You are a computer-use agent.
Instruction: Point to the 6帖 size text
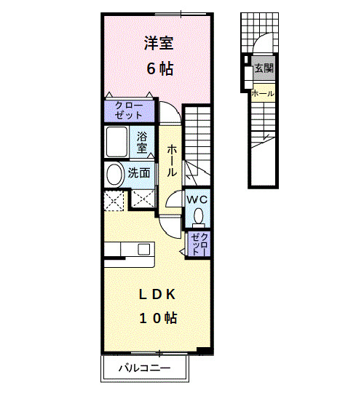point(159,69)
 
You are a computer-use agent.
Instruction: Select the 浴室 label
point(143,141)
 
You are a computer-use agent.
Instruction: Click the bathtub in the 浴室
point(117,142)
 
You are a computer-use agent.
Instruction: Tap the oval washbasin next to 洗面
point(114,175)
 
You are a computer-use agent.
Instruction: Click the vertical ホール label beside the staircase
point(171,160)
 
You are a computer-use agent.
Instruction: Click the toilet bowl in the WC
point(198,215)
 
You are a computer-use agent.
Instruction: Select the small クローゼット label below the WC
point(199,244)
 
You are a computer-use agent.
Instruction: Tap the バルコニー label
point(146,369)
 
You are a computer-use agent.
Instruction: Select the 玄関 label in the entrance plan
point(264,69)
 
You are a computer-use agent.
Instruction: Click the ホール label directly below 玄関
point(263,93)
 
